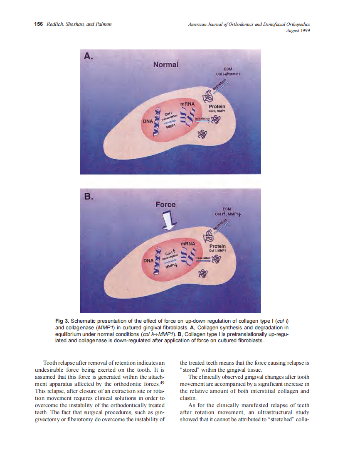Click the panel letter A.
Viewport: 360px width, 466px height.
(89, 56)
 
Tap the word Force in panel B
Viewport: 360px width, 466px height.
(165, 204)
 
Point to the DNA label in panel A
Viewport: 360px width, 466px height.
(148, 121)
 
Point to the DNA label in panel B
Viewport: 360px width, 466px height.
(148, 260)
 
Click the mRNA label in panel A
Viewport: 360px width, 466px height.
(187, 103)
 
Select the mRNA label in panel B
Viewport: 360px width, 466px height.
(187, 243)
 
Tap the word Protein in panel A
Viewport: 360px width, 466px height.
(217, 107)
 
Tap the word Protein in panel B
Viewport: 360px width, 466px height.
(217, 246)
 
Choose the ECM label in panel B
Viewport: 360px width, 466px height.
(227, 209)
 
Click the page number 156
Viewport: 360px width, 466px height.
(39, 24)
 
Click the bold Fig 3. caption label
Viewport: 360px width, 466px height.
(62, 321)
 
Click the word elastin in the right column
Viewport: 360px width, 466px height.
(188, 398)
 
